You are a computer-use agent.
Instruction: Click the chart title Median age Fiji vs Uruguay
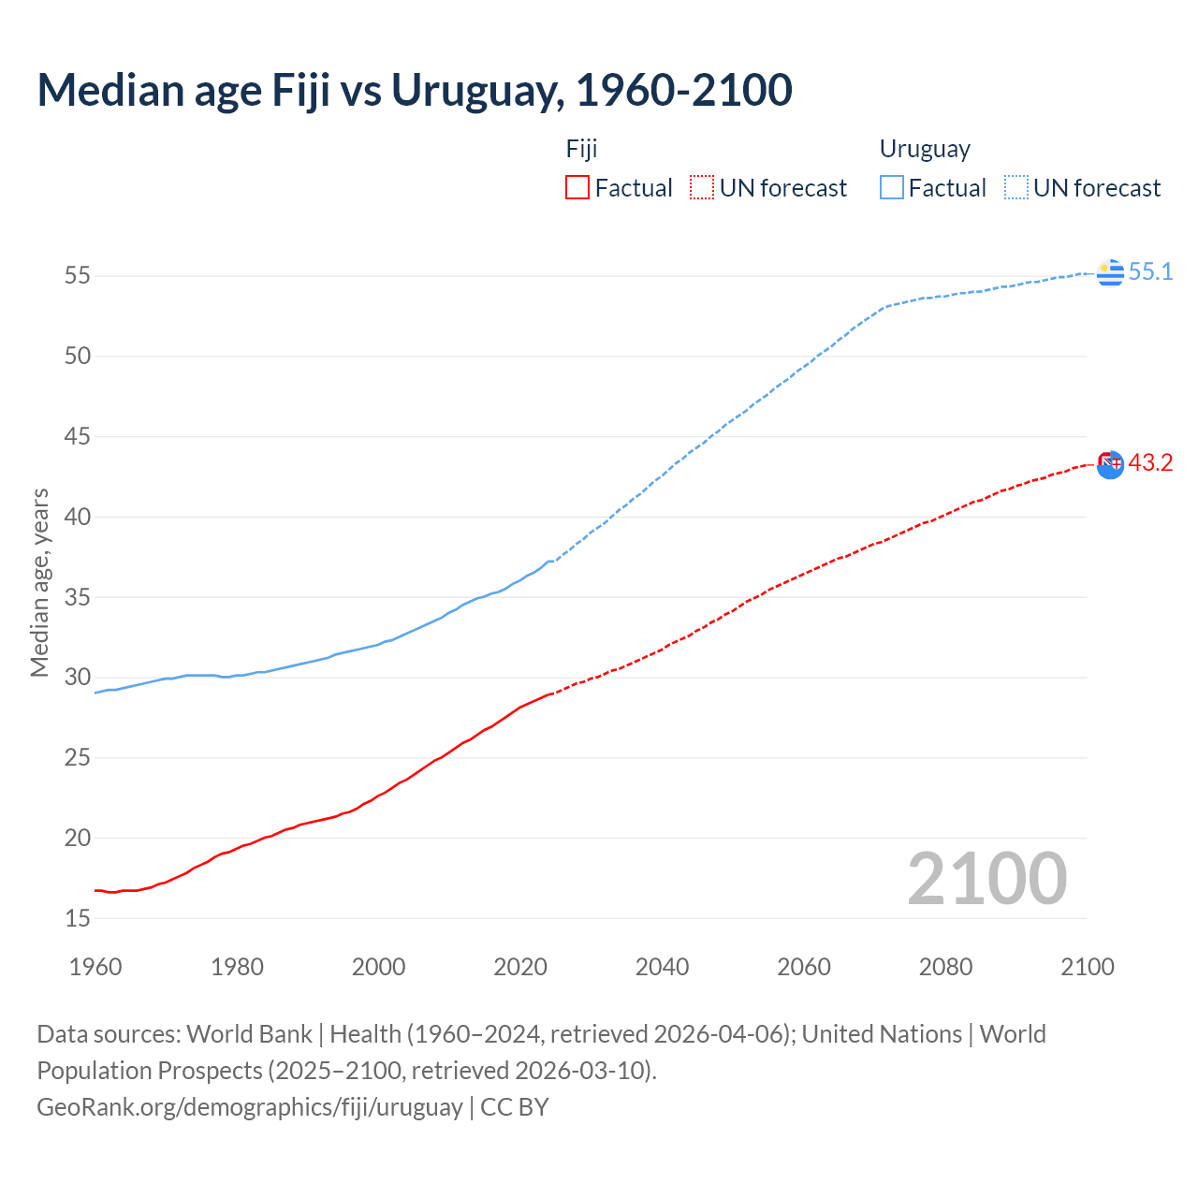point(415,90)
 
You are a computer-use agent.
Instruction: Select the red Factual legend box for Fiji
point(577,187)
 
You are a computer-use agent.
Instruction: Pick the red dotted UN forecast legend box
point(702,187)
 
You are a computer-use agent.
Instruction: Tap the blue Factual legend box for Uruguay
point(892,187)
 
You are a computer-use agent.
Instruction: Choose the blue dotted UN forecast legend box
point(1016,187)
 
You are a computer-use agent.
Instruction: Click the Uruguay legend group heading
point(925,149)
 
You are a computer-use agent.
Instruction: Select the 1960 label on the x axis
point(95,967)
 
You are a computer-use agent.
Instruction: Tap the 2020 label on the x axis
point(520,967)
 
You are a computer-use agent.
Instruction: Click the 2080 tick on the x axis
point(945,967)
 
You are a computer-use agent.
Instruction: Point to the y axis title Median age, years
point(39,582)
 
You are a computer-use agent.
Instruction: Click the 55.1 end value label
point(1150,271)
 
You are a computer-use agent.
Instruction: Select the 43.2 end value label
point(1150,462)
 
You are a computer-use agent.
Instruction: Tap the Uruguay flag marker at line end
point(1110,272)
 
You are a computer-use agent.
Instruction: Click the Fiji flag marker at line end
point(1110,464)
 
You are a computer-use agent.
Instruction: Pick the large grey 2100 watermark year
point(986,878)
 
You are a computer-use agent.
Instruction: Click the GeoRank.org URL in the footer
point(249,1106)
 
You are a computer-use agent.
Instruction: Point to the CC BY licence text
point(515,1106)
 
